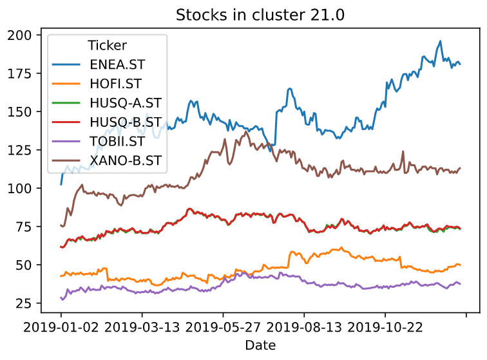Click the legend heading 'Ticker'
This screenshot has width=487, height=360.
coord(107,46)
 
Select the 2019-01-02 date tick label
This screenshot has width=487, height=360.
coord(61,328)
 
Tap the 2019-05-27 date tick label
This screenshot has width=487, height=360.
coord(224,328)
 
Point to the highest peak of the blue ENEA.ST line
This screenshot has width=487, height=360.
coord(440,41)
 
